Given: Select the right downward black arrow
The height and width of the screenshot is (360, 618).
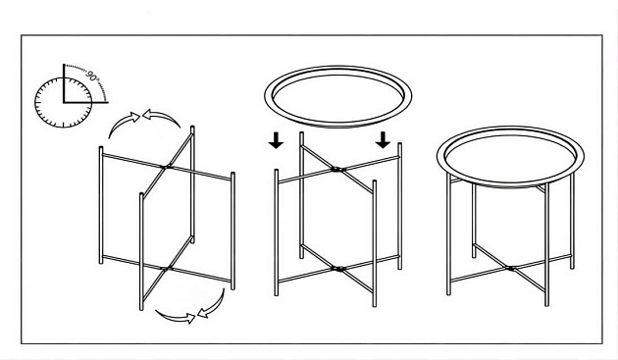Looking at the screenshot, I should pos(383,141).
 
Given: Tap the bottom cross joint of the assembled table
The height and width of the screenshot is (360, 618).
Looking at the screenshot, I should pos(510,268).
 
